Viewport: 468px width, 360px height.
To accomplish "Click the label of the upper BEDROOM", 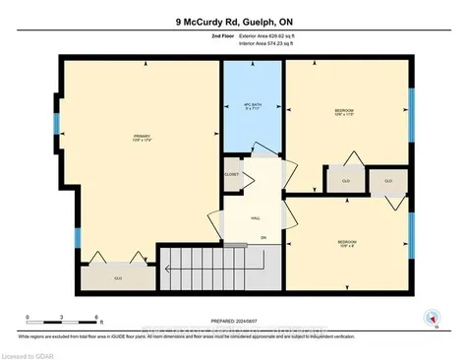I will (x=343, y=112).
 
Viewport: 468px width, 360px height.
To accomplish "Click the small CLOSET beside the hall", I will (x=232, y=174).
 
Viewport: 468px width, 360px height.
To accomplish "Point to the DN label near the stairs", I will (x=263, y=238).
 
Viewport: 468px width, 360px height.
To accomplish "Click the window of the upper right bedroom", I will (x=411, y=110).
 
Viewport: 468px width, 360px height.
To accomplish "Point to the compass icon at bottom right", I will (x=429, y=317).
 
